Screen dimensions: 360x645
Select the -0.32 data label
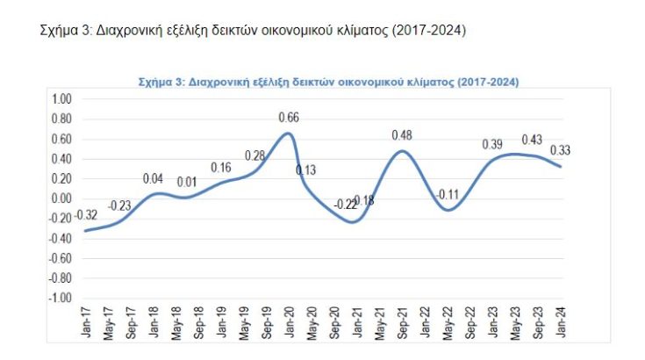pos(86,215)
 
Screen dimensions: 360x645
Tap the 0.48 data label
pos(402,135)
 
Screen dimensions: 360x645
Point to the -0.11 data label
pos(449,194)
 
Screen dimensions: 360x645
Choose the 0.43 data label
pos(532,140)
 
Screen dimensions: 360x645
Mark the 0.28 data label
pos(254,156)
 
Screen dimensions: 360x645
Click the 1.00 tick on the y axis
pos(61,99)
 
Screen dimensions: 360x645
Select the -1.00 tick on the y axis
pos(60,299)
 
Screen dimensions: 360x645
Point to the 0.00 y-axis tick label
pos(61,198)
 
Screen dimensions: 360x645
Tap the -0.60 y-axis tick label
pos(60,259)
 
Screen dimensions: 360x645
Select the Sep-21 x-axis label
pos(402,322)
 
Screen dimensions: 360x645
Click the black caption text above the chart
pos(253,32)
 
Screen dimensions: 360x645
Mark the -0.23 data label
pos(120,205)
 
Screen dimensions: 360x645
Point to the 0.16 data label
pos(221,168)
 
